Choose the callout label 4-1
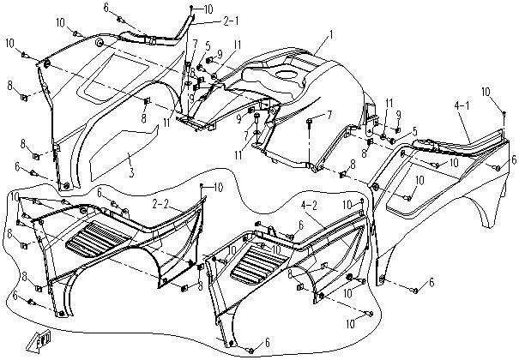462,106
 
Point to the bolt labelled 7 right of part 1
328,114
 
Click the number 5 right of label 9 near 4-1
414,131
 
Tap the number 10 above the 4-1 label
485,91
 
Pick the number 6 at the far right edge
513,159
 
